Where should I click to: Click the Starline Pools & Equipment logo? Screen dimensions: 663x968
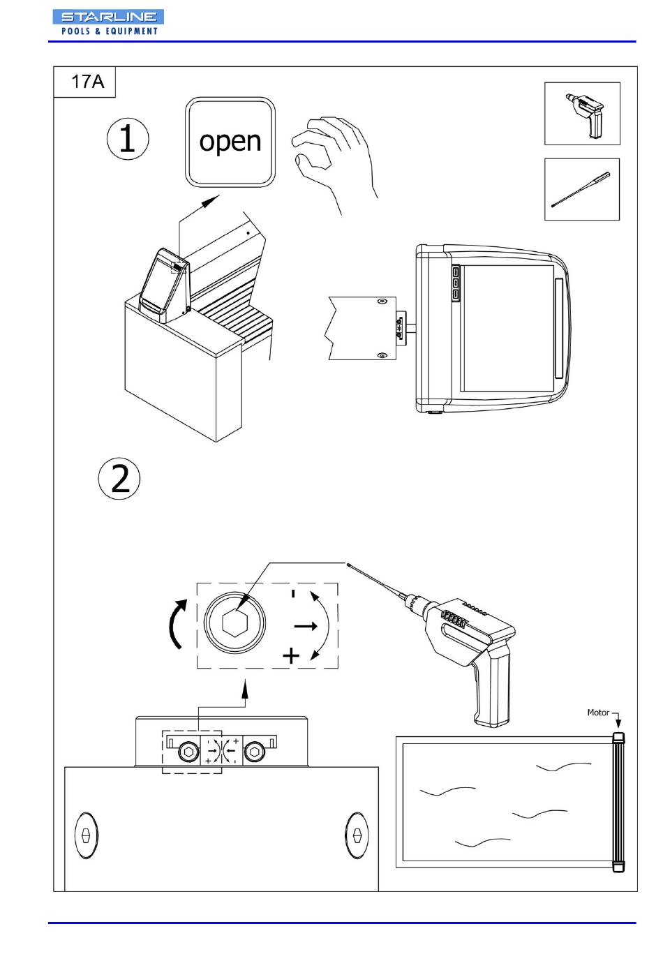108,22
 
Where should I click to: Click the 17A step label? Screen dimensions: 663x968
87,81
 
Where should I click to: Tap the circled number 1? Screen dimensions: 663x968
128,139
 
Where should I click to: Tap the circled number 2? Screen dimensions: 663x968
119,479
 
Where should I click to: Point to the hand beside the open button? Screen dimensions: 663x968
334,164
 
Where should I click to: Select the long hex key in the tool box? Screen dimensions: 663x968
581,190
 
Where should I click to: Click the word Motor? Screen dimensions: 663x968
597,713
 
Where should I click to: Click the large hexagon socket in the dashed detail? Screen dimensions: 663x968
234,623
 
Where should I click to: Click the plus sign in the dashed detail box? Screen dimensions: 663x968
291,655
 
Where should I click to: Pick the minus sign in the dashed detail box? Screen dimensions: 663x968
293,593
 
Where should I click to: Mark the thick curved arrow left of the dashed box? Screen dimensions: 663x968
178,624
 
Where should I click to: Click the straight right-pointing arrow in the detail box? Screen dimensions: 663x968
306,626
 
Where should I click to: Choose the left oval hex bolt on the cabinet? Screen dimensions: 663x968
86,835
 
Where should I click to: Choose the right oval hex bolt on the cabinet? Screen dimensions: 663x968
357,835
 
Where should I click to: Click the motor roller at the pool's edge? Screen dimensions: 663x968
618,802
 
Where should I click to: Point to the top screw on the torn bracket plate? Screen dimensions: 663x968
381,301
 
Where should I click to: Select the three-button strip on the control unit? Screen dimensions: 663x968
456,283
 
